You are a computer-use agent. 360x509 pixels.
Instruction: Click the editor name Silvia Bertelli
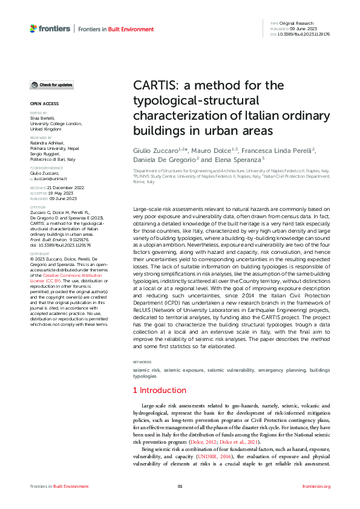[42, 118]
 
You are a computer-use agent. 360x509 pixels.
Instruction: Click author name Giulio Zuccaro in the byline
[153, 150]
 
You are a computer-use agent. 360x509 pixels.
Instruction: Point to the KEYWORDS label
[142, 362]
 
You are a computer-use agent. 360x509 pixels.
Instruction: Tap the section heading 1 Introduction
[159, 391]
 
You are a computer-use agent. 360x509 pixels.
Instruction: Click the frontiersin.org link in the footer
[316, 486]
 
